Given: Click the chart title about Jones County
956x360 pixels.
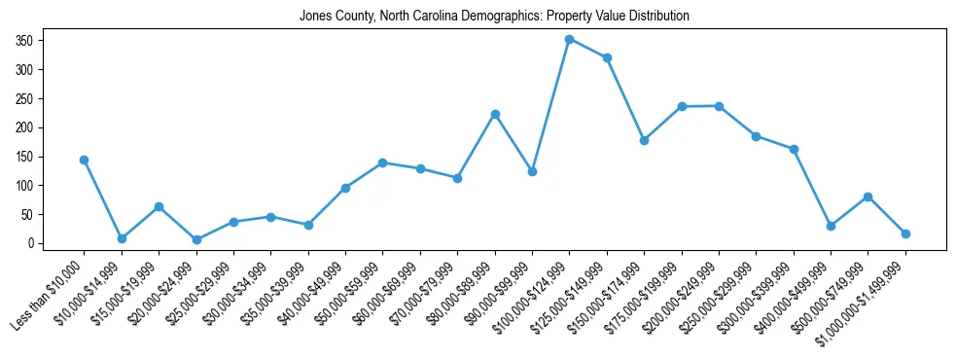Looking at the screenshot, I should click(494, 16).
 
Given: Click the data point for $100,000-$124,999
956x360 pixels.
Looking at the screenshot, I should click(570, 39).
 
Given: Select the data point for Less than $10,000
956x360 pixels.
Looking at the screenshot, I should click(85, 160).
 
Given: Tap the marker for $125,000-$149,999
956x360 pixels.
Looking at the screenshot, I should click(607, 57).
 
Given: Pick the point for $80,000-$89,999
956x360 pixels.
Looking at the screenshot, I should click(495, 114).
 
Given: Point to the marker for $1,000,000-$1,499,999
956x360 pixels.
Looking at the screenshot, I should click(905, 234).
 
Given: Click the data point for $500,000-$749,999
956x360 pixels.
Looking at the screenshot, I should click(867, 197).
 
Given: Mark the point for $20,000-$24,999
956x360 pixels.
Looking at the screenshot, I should click(196, 239).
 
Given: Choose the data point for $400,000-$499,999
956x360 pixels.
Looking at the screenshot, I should click(831, 226).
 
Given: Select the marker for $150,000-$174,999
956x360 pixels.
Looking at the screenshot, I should click(644, 140).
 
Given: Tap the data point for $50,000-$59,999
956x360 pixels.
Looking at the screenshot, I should click(383, 162).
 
